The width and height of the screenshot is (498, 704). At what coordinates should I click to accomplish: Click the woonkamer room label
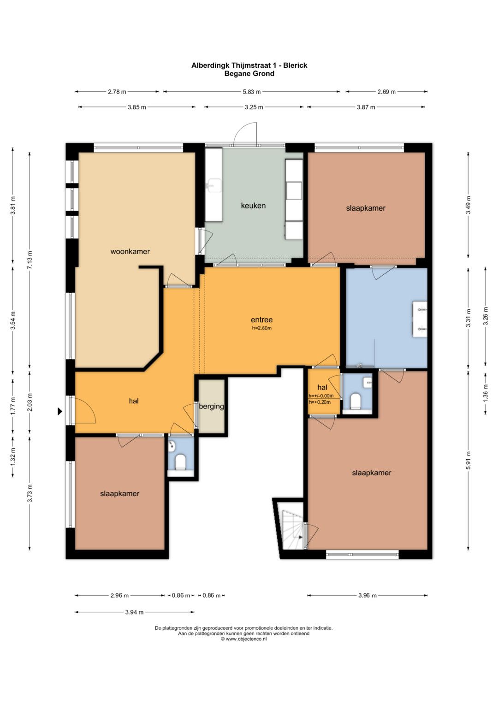tap(130, 251)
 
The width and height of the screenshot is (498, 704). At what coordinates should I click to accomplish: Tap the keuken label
tap(253, 206)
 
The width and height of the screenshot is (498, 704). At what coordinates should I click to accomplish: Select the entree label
tap(261, 319)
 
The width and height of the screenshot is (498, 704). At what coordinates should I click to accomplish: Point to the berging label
tap(211, 406)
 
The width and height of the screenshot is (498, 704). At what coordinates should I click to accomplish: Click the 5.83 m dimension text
tap(251, 92)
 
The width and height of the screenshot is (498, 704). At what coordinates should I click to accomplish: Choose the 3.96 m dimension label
tap(367, 595)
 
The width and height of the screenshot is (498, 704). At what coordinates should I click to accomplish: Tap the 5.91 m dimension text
tap(468, 461)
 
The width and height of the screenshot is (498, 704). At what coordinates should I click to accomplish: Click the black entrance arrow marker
tap(60, 411)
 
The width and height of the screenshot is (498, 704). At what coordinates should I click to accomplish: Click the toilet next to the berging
tap(180, 462)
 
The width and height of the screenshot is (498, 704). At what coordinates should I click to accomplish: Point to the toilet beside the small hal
tap(356, 401)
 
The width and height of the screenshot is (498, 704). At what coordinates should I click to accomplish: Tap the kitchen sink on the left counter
tap(213, 185)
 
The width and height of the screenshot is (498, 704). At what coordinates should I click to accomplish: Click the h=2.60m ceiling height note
tap(261, 328)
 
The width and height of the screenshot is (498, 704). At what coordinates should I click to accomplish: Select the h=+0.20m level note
tap(320, 402)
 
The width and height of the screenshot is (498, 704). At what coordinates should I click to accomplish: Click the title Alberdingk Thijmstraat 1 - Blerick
tap(249, 65)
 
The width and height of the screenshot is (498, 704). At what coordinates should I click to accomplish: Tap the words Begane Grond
tap(249, 74)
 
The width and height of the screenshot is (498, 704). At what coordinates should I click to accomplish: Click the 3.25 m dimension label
tap(254, 107)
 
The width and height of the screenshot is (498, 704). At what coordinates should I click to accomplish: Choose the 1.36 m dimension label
tap(486, 393)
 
